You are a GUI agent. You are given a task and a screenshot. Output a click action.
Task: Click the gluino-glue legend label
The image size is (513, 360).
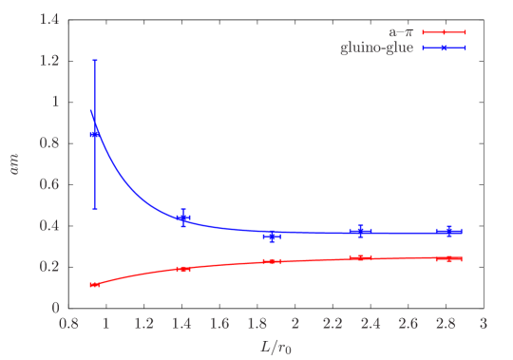[x=376, y=47]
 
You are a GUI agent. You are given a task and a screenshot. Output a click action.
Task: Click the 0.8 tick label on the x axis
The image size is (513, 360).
[x=68, y=324]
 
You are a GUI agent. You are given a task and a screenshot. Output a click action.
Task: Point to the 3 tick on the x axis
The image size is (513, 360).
[x=483, y=324]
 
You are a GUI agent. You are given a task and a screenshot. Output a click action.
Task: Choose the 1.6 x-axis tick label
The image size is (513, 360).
[x=219, y=324]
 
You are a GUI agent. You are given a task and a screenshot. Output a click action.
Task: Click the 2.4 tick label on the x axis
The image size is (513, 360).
[x=370, y=324]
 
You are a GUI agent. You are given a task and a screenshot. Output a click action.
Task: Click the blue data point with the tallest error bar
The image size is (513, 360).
[x=95, y=135]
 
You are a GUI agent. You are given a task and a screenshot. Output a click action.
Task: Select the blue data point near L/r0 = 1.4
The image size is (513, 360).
[x=183, y=218]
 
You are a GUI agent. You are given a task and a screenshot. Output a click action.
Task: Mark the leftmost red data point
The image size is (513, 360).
[x=95, y=285]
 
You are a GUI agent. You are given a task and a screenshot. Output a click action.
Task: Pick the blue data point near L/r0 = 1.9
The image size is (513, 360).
[x=272, y=235]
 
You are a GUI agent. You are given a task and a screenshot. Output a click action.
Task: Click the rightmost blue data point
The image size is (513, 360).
[x=449, y=231]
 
